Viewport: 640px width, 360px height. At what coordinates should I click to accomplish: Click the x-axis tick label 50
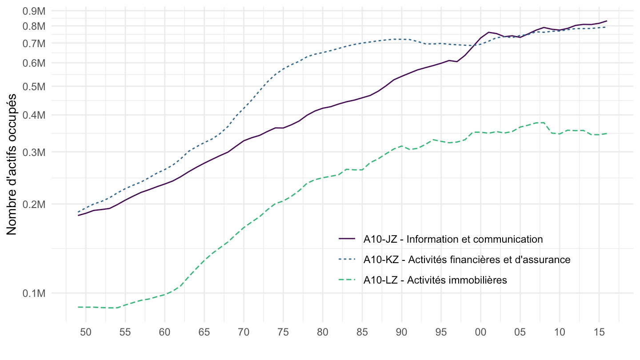[x=86, y=331]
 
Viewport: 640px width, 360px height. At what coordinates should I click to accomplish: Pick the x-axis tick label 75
[x=283, y=331]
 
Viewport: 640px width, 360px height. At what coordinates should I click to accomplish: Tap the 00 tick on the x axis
[x=480, y=331]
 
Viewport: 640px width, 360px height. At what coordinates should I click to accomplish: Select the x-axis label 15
[x=599, y=331]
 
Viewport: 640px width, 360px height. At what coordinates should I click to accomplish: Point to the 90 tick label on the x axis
[x=401, y=331]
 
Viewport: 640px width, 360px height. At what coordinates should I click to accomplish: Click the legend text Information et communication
[x=453, y=239]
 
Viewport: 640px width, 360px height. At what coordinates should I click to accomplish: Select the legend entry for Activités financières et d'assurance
[x=466, y=260]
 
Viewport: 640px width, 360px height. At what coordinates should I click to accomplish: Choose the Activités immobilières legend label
[x=435, y=280]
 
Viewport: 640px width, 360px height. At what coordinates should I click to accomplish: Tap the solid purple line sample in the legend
[x=347, y=239]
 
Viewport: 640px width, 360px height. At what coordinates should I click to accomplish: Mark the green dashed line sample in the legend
[x=347, y=280]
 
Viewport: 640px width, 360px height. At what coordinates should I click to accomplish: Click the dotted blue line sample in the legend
[x=347, y=260]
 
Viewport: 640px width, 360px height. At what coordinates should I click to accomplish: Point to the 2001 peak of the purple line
[x=488, y=32]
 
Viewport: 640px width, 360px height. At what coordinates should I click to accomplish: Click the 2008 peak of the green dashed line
[x=544, y=122]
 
